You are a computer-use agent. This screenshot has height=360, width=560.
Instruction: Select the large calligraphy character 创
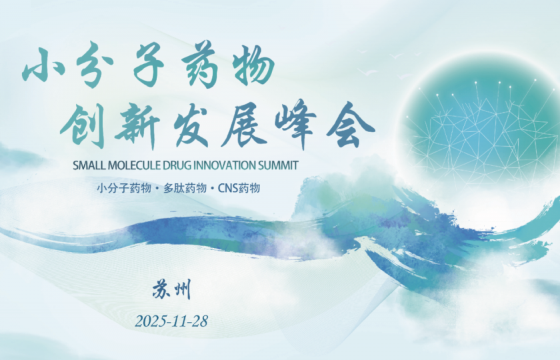pyautogui.click(x=81, y=124)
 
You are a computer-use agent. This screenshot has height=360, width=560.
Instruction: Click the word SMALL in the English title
pyautogui.click(x=89, y=165)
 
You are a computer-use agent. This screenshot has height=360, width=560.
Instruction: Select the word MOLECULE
pyautogui.click(x=136, y=165)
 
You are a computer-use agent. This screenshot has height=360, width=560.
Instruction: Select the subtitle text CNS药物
pyautogui.click(x=239, y=188)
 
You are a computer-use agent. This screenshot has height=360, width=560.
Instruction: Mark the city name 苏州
pyautogui.click(x=171, y=290)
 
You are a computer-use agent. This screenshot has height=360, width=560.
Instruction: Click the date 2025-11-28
pyautogui.click(x=171, y=321)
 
